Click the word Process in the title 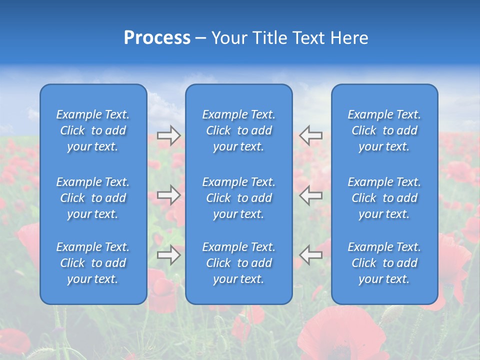coord(157,38)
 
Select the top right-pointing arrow coord(169,135)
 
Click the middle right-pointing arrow coord(169,195)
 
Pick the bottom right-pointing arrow coord(169,255)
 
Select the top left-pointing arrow coord(311,135)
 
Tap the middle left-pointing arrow coord(311,195)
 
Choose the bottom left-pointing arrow coord(311,255)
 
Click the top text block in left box coord(93,130)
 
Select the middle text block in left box coord(93,198)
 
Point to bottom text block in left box coord(93,263)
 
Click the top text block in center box coord(239,130)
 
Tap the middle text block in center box coord(239,198)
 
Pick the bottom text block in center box coord(239,263)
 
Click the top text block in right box coord(384,130)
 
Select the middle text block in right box coord(384,198)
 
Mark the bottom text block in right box coord(384,263)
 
